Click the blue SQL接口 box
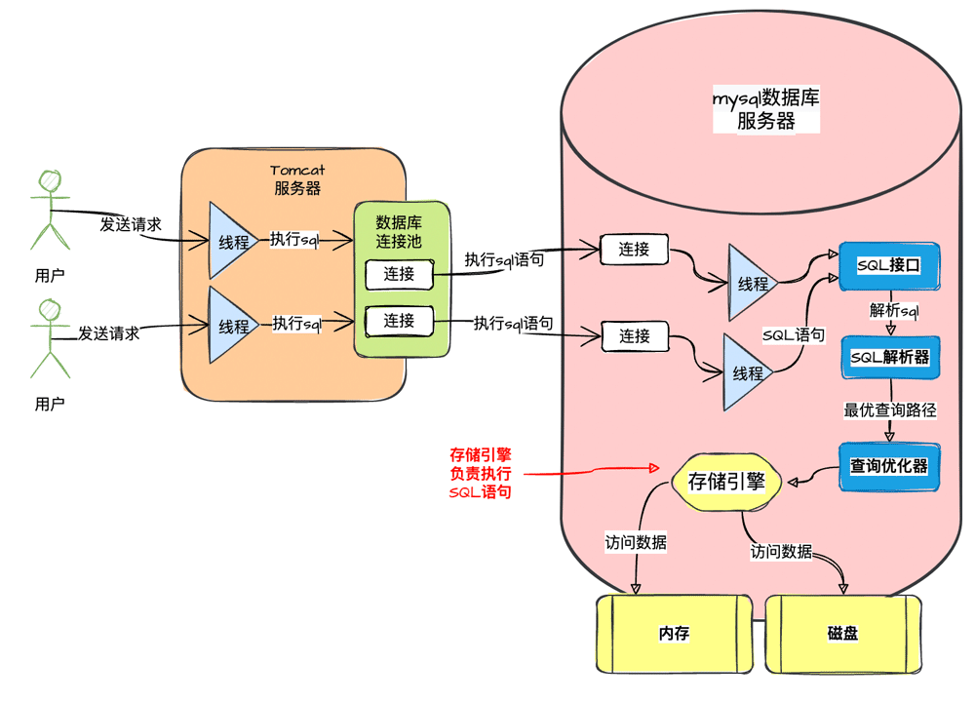888,265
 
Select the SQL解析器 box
889,358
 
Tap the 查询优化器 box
888,466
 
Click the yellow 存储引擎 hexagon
726,482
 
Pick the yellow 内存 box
674,634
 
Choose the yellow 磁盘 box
842,634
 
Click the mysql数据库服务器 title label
765,109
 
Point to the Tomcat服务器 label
297,179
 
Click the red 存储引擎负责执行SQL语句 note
481,474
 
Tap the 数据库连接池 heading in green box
399,231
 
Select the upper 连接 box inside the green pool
399,274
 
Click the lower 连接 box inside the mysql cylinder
634,336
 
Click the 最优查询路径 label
889,410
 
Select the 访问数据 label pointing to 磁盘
781,552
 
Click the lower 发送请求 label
108,333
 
